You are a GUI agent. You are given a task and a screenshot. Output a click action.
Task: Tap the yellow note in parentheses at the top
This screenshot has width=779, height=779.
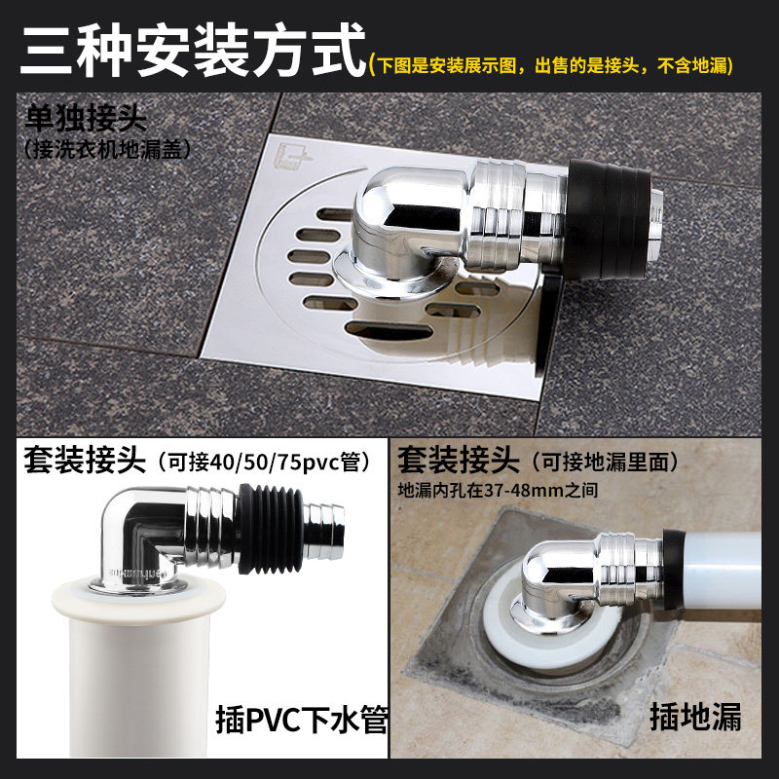(x=552, y=65)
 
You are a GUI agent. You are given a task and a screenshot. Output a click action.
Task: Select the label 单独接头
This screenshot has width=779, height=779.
(x=87, y=121)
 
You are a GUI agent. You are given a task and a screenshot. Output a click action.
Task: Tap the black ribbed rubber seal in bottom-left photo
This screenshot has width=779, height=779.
(x=272, y=531)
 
